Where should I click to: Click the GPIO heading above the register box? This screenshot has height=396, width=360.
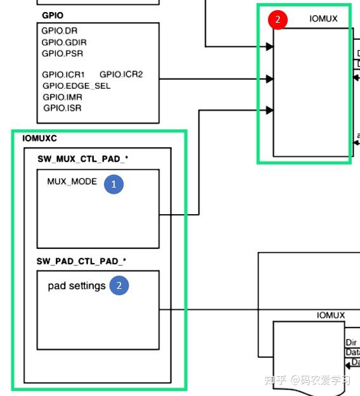52,15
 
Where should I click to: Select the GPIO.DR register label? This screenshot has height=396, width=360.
60,30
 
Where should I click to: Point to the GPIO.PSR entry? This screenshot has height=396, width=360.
62,53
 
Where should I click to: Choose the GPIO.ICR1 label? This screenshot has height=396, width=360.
63,75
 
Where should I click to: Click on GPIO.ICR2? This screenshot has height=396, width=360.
121,75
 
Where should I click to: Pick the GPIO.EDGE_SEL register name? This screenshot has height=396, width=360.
77,86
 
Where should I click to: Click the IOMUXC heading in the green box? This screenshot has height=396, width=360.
39,138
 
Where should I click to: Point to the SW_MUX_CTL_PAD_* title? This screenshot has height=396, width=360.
82,159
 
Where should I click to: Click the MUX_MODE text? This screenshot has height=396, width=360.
72,182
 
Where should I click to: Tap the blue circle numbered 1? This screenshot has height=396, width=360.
113,184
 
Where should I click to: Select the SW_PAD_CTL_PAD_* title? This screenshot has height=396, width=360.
81,260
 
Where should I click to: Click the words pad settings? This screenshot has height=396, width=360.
76,286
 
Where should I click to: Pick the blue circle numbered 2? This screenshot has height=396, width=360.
119,286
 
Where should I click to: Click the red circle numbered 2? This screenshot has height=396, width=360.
278,19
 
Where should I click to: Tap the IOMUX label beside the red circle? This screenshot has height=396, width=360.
323,19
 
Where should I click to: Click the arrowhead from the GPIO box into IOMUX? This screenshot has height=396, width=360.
270,79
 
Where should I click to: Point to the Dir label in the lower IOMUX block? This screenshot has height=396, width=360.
351,342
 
